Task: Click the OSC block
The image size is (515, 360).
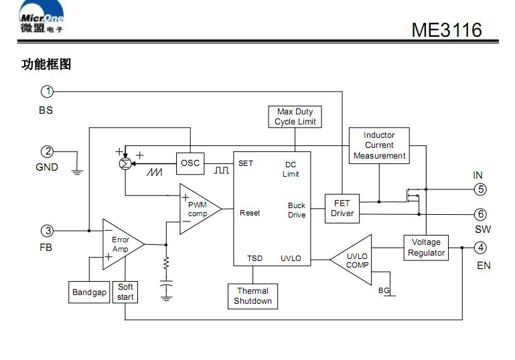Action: point(190,163)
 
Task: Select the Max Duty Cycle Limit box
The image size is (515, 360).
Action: point(295,116)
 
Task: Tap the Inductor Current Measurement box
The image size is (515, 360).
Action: point(379,145)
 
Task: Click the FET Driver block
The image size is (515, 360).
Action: point(342,208)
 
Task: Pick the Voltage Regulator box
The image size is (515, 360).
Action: point(426,248)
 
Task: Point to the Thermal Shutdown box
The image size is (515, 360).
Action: point(252,296)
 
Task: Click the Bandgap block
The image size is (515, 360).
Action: point(89,292)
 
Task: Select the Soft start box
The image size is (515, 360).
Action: point(125,292)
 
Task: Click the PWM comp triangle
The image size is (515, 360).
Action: point(198,209)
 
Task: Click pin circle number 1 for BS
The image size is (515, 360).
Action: point(48,91)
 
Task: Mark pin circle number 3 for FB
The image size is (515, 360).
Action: point(48,231)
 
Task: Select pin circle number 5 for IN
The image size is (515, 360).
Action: point(480,189)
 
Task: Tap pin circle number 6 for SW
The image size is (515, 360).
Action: point(480,214)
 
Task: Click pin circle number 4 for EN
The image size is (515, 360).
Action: point(480,248)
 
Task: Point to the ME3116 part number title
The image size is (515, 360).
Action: point(446,30)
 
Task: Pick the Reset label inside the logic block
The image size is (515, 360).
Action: point(250,213)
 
